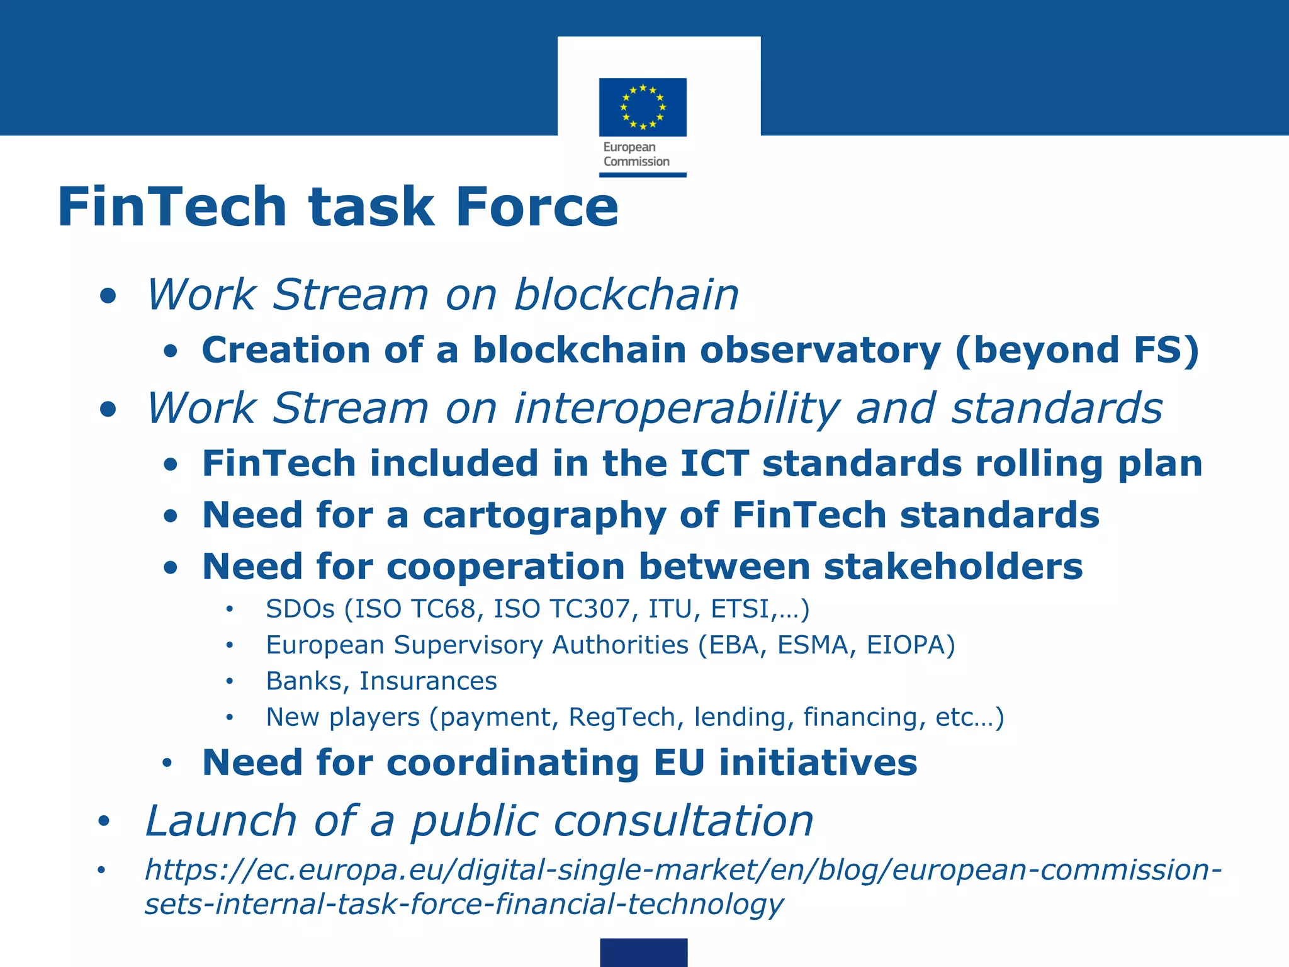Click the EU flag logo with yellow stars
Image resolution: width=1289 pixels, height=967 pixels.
[643, 107]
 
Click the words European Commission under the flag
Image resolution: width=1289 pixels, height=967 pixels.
[636, 154]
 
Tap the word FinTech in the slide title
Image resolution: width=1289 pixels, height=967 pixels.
[172, 207]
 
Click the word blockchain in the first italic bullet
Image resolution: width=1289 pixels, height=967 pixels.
[626, 295]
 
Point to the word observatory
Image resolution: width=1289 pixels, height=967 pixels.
[819, 350]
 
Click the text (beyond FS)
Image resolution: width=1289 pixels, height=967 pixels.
[1076, 350]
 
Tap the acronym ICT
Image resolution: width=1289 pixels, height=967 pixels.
[714, 463]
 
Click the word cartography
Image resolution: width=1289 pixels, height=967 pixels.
[544, 516]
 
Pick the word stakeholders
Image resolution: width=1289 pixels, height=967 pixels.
[953, 567]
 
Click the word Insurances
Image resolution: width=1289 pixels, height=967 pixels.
[428, 681]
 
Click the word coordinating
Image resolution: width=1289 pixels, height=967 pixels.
[512, 763]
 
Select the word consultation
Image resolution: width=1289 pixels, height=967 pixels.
[684, 822]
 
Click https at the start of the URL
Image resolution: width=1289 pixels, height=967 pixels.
[179, 870]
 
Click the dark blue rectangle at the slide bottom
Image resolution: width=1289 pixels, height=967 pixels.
[643, 952]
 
